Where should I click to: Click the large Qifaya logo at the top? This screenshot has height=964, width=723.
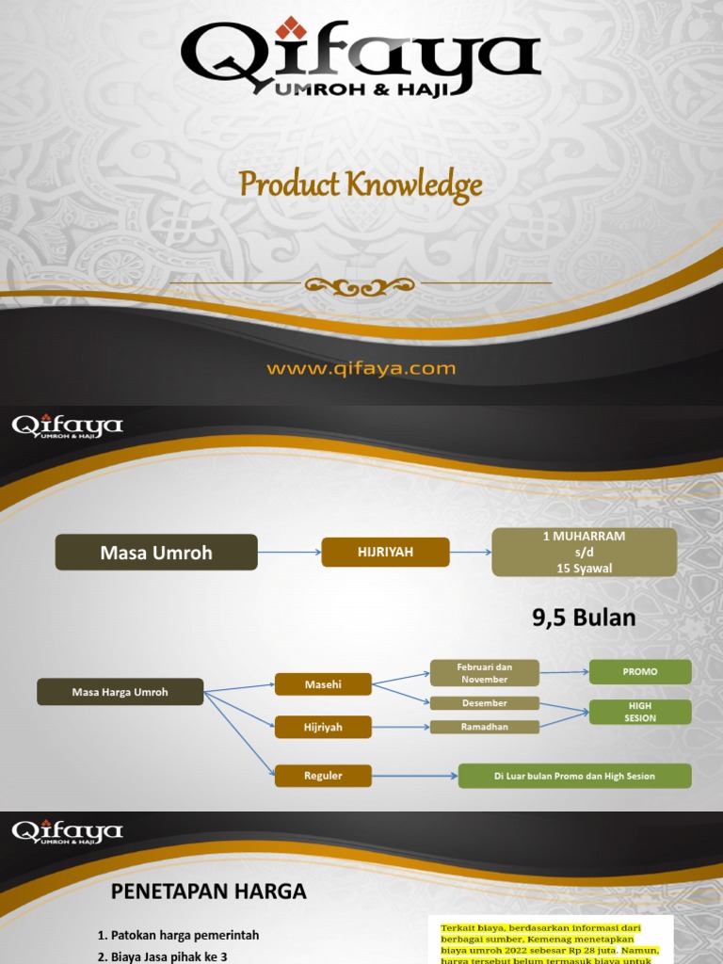pyautogui.click(x=361, y=58)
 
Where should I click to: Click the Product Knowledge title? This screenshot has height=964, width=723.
pyautogui.click(x=361, y=185)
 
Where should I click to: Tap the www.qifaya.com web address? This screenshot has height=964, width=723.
pyautogui.click(x=361, y=369)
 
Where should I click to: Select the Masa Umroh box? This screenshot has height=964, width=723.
pyautogui.click(x=156, y=553)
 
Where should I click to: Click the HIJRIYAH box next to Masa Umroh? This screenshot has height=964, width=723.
pyautogui.click(x=385, y=553)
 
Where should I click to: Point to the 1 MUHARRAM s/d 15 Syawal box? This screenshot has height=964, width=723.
pyautogui.click(x=584, y=552)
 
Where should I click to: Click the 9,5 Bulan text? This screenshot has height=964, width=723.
pyautogui.click(x=584, y=619)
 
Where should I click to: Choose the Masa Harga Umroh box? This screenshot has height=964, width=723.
pyautogui.click(x=120, y=692)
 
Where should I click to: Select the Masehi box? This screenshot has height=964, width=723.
pyautogui.click(x=323, y=684)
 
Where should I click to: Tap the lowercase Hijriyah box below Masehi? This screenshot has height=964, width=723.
pyautogui.click(x=323, y=727)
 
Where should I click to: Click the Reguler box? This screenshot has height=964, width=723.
pyautogui.click(x=323, y=776)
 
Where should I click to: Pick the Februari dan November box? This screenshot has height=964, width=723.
pyautogui.click(x=485, y=673)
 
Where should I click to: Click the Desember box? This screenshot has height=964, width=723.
pyautogui.click(x=485, y=703)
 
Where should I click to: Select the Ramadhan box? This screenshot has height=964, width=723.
pyautogui.click(x=485, y=727)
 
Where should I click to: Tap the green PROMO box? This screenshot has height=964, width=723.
pyautogui.click(x=640, y=672)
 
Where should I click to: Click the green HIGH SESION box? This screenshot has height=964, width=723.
pyautogui.click(x=640, y=712)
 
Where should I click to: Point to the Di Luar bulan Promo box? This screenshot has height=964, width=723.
pyautogui.click(x=574, y=776)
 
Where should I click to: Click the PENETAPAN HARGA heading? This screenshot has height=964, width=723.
pyautogui.click(x=209, y=891)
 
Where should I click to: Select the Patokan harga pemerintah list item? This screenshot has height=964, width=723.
pyautogui.click(x=178, y=935)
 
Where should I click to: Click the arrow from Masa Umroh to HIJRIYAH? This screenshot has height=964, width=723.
pyautogui.click(x=289, y=553)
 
